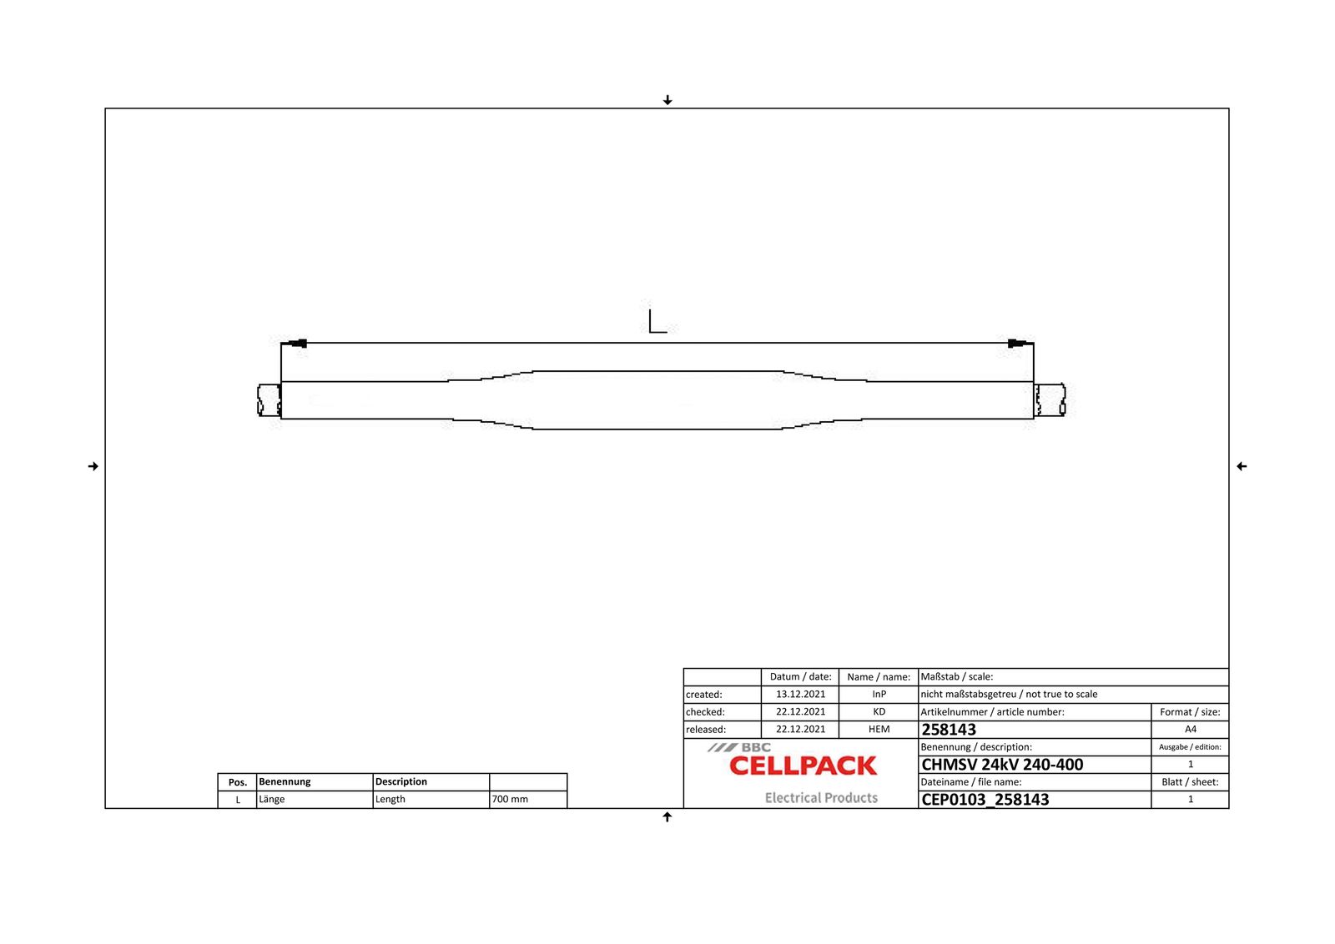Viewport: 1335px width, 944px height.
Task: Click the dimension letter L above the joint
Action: pyautogui.click(x=657, y=321)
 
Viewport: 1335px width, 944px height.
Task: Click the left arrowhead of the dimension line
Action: pyautogui.click(x=296, y=343)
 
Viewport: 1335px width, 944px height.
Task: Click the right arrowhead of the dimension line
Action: pyautogui.click(x=1017, y=343)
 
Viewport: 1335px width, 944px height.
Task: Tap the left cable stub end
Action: pyautogui.click(x=269, y=399)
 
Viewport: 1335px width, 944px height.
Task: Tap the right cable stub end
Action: pyautogui.click(x=1050, y=399)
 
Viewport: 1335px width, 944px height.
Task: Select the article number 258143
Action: pyautogui.click(x=948, y=730)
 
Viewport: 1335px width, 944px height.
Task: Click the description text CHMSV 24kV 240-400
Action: pyautogui.click(x=1001, y=765)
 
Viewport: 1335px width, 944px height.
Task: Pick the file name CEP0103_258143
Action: pyautogui.click(x=985, y=800)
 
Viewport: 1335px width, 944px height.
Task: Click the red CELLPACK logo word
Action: pyautogui.click(x=803, y=766)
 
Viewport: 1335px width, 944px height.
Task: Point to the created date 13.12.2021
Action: pyautogui.click(x=800, y=694)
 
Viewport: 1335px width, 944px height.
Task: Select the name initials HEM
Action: pyautogui.click(x=879, y=729)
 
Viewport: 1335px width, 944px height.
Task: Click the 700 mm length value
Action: pyautogui.click(x=510, y=799)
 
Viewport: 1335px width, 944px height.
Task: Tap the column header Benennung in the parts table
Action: pyautogui.click(x=285, y=781)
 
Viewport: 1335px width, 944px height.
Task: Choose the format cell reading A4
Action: pyautogui.click(x=1190, y=729)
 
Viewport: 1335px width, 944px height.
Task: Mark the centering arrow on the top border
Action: pyautogui.click(x=667, y=100)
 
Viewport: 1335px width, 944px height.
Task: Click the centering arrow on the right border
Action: pyautogui.click(x=1241, y=466)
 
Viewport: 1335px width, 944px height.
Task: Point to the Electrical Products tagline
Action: pyautogui.click(x=821, y=798)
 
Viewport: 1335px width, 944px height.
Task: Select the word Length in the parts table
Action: pyautogui.click(x=390, y=799)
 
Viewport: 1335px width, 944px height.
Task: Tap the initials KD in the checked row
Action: pyautogui.click(x=879, y=711)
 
